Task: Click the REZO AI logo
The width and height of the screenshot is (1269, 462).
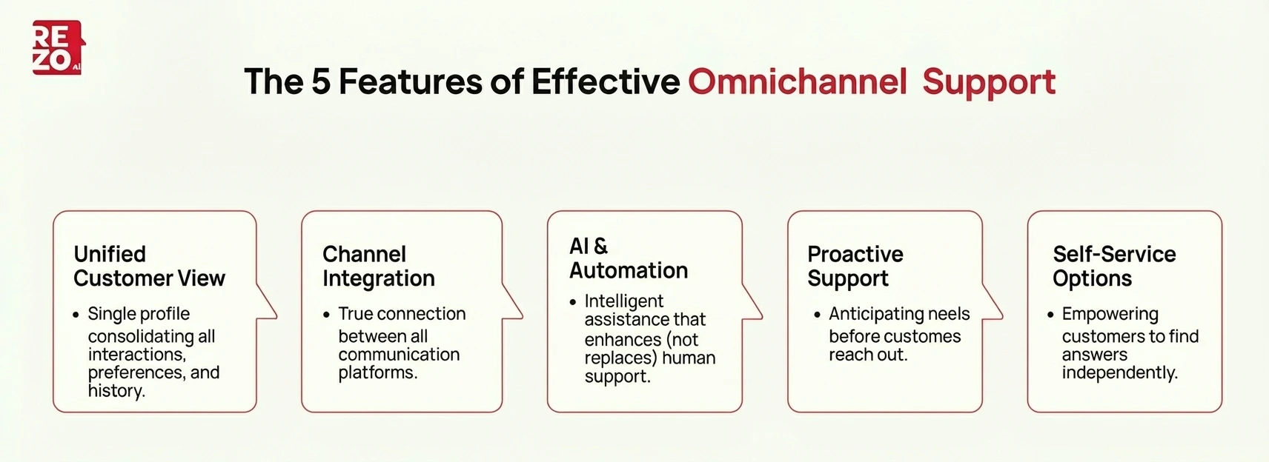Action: [57, 48]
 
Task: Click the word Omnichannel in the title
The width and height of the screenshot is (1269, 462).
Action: [797, 81]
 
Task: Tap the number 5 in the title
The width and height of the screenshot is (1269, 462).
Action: [320, 81]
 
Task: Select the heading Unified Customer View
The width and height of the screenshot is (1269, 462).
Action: [148, 266]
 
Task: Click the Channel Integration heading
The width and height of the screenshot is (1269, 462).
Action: [378, 266]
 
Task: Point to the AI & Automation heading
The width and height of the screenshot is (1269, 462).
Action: [628, 258]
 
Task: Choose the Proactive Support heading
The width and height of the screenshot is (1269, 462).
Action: [855, 266]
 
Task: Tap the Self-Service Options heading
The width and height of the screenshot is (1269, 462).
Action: [1113, 266]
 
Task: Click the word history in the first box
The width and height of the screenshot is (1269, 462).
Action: [116, 391]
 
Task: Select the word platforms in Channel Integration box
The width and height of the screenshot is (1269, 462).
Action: [377, 372]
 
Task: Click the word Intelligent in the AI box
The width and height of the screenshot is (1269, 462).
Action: [623, 301]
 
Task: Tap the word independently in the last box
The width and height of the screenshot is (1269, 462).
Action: [1119, 372]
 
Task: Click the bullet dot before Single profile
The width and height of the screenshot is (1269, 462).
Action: [76, 315]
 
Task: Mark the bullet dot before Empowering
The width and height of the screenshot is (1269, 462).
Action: [1050, 315]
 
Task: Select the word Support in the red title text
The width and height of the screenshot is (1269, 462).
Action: [988, 81]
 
